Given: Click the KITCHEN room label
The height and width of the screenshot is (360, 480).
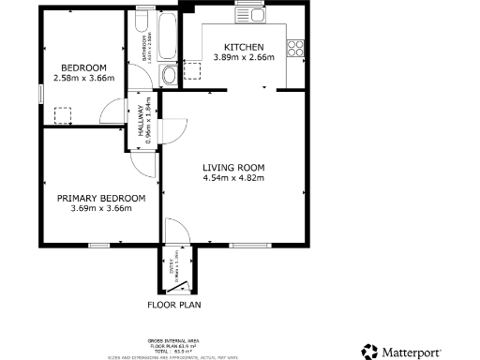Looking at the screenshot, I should tap(244, 47).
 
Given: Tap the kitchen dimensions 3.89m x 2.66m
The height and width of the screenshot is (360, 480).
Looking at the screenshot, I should tap(244, 57).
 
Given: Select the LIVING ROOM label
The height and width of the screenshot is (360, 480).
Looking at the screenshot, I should tap(234, 167).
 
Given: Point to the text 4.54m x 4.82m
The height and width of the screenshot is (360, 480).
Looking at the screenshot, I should tap(234, 177).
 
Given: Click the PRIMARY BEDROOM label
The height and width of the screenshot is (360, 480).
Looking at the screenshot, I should tap(101, 198).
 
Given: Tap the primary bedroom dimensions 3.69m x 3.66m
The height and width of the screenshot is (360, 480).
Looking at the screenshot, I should tap(101, 208).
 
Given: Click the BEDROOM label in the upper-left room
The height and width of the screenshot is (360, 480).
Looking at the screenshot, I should tap(83, 67).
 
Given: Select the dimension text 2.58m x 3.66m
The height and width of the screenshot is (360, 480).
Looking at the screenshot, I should tap(83, 78).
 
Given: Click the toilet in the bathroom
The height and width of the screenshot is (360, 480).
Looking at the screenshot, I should tap(170, 75).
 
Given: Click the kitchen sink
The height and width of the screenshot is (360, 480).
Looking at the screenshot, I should tap(253, 16).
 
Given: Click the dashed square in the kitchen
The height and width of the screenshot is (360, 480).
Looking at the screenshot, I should tap(195, 68).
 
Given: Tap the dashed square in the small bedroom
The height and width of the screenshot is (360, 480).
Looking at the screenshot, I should tap(64, 115).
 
